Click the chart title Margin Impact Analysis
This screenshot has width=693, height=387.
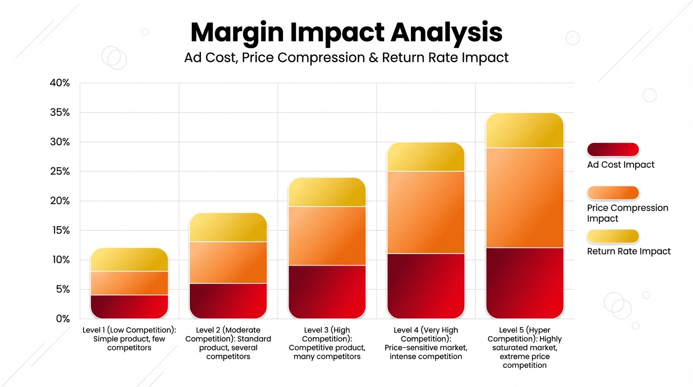pos(346,32)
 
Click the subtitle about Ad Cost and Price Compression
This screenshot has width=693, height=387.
pos(346,57)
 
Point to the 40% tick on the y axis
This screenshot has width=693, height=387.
pos(60,83)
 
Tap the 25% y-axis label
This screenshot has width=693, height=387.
pos(60,171)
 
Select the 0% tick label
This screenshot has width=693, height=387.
pos(62,318)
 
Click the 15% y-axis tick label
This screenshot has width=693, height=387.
pos(60,230)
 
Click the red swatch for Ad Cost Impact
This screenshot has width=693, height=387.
pos(613,150)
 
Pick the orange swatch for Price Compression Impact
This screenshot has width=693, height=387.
pos(613,193)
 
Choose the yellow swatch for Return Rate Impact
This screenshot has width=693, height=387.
pos(613,236)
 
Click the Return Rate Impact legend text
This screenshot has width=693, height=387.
pos(629,251)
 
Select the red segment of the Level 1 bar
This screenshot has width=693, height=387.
pos(129,306)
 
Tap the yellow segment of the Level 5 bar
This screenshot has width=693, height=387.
pos(525,131)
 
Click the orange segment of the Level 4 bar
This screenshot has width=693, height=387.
pos(426,212)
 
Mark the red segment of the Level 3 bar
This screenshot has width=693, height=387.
pos(327,292)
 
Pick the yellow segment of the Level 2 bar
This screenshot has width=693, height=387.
pos(228,227)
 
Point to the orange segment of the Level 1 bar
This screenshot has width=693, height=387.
pos(129,283)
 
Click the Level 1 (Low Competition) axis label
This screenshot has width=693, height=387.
pos(129,339)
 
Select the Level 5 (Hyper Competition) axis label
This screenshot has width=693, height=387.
pos(525,347)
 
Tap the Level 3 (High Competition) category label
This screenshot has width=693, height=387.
pos(327,343)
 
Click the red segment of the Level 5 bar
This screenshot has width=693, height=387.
pos(525,283)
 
